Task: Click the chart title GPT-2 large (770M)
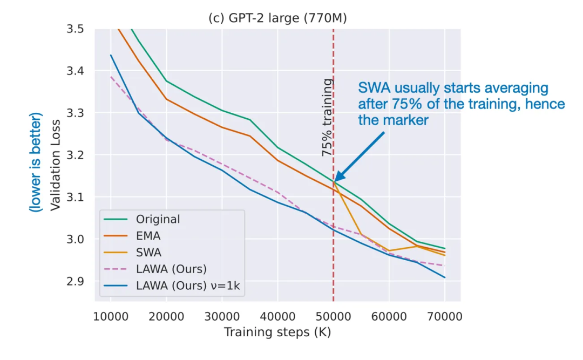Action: [x=277, y=18]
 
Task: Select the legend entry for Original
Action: [x=158, y=220]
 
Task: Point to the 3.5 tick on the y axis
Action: [x=76, y=29]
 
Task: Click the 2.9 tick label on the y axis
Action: [x=76, y=281]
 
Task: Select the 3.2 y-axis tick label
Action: [x=76, y=155]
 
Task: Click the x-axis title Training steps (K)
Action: [x=277, y=332]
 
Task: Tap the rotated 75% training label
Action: [x=327, y=118]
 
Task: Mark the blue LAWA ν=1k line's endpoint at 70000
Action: [x=445, y=277]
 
